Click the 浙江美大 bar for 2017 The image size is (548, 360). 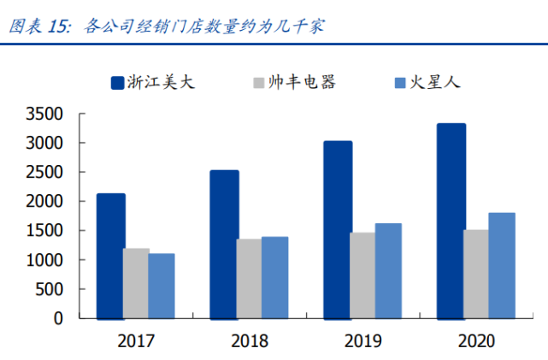point(111,256)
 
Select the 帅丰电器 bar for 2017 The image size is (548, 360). point(136,283)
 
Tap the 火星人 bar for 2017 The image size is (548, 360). point(162,286)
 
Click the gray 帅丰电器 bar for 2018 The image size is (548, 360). point(250,278)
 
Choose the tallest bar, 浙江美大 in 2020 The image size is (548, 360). point(451,221)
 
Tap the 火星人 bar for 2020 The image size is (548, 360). point(502,265)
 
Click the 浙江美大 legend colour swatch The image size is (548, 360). point(118,83)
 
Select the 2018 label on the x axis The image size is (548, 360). point(250,341)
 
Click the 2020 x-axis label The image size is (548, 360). point(476,341)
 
